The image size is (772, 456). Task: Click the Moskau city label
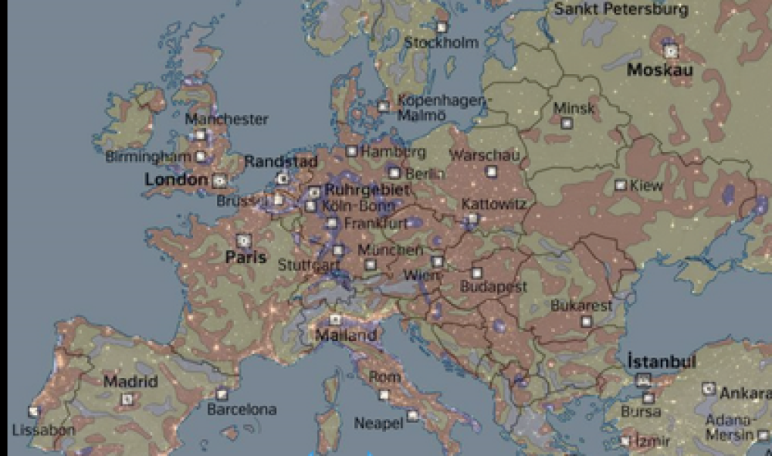[x=660, y=71]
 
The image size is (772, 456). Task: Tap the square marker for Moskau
[x=670, y=52]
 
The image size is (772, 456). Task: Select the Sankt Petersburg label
[x=621, y=10]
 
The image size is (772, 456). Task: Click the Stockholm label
[x=442, y=43]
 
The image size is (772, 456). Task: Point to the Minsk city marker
[x=567, y=123]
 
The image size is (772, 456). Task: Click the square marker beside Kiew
[x=620, y=185]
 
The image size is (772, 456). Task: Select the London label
[x=176, y=181]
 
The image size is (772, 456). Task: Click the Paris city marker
[x=244, y=241]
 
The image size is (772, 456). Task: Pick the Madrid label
[x=130, y=381]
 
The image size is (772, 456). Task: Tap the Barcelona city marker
[x=222, y=394]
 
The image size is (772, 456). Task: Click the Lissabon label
[x=43, y=430]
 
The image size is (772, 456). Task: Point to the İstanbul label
[x=662, y=362]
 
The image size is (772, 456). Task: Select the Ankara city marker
[x=709, y=389]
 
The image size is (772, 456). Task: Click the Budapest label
[x=493, y=287]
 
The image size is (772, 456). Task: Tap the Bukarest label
[x=581, y=306]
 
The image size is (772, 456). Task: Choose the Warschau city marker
[x=491, y=171]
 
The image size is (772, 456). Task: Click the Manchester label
[x=227, y=120]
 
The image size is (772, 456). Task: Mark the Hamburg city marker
[x=351, y=151]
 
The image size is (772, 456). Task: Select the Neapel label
[x=378, y=423]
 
